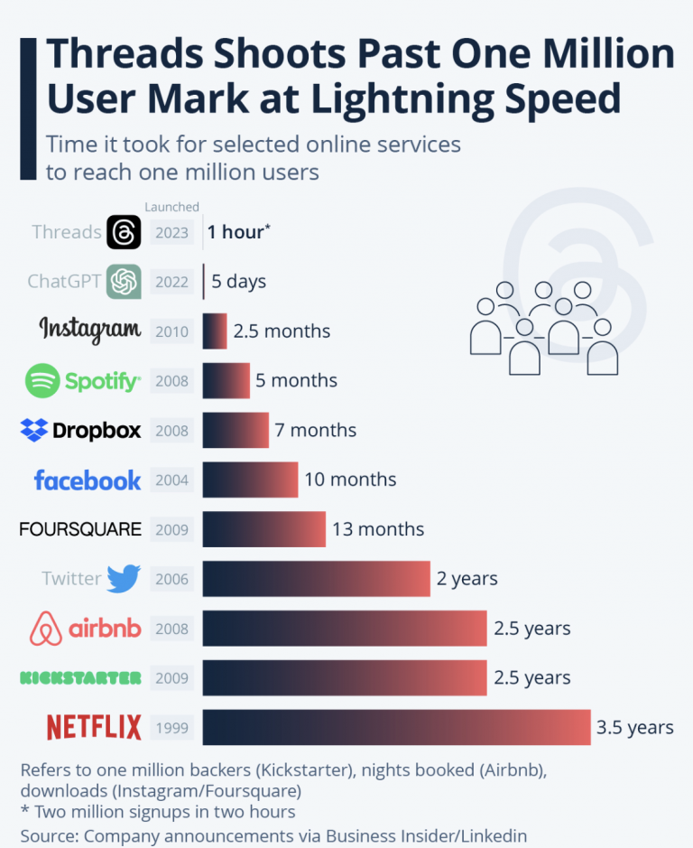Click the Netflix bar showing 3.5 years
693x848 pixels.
[396, 727]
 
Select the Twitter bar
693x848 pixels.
[316, 578]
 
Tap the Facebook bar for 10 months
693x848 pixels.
[250, 480]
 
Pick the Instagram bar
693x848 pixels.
[215, 331]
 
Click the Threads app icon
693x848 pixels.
[124, 232]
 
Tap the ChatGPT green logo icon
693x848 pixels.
[124, 282]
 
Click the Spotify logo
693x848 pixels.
[82, 381]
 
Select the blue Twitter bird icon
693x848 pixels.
[124, 578]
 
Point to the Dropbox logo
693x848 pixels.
[80, 430]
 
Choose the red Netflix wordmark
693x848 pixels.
[94, 727]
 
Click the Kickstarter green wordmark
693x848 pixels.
[80, 677]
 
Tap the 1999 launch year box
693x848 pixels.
[171, 727]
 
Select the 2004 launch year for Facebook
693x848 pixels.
[171, 480]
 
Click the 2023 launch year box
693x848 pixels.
[171, 232]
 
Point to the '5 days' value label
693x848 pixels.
[239, 282]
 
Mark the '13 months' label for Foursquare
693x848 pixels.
[378, 529]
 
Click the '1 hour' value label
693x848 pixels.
[237, 232]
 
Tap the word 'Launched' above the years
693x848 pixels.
[171, 208]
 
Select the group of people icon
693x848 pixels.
[543, 327]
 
